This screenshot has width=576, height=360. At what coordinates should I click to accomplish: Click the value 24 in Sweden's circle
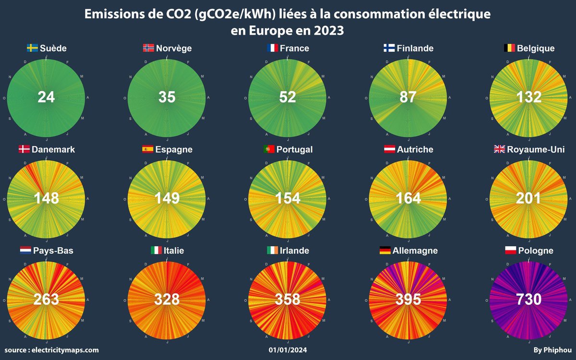(47, 97)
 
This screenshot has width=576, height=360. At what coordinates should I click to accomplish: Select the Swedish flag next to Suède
(32, 48)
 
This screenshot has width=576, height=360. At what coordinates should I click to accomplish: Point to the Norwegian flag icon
(148, 48)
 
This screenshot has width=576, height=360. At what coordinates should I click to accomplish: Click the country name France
(294, 48)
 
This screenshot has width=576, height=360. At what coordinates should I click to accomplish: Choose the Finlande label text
(415, 48)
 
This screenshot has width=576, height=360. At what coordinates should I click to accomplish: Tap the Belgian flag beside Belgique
(509, 48)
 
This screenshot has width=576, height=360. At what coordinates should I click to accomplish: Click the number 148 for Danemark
(47, 198)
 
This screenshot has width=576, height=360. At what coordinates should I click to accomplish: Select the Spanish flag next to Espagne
(147, 149)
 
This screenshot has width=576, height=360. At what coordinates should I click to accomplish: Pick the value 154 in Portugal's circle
(288, 198)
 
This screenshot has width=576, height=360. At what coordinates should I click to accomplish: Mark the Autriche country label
(415, 149)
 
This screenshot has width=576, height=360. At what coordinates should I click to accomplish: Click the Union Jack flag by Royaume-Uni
(500, 149)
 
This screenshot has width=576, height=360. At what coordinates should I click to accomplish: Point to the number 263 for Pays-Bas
(47, 300)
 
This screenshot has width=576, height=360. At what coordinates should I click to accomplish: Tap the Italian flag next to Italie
(156, 251)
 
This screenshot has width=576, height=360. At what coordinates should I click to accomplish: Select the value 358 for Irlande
(288, 300)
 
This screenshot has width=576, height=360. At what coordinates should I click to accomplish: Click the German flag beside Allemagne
(384, 251)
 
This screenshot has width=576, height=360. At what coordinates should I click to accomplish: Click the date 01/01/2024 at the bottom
(288, 350)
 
